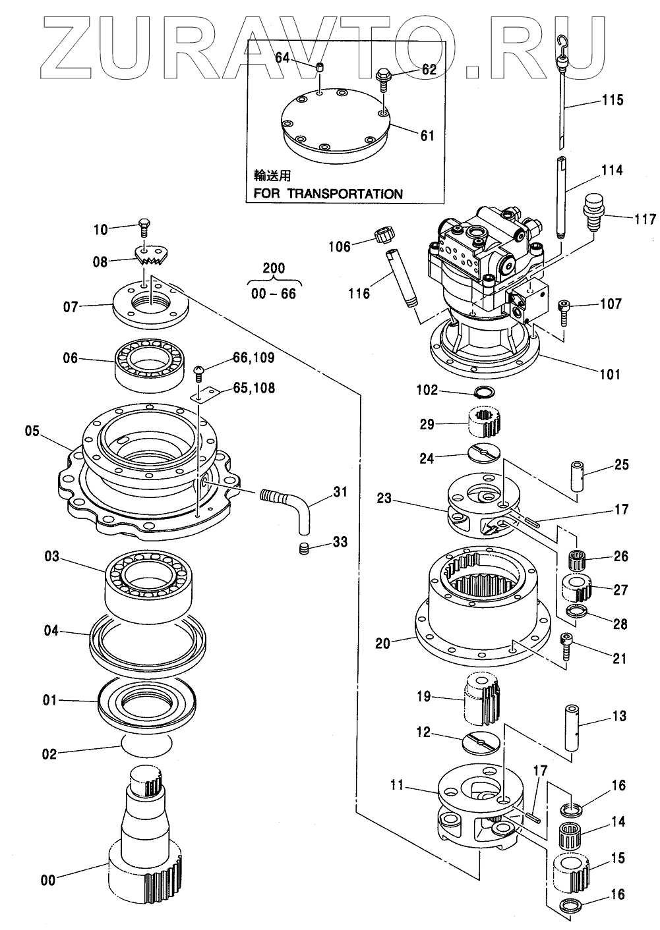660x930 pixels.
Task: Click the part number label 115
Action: [x=612, y=101]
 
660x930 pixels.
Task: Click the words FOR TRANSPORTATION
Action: [x=328, y=194]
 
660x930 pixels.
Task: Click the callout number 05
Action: [x=32, y=432]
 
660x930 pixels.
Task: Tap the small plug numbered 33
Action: [x=303, y=549]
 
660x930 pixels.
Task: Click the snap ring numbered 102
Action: [x=486, y=394]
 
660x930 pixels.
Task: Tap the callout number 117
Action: [x=640, y=218]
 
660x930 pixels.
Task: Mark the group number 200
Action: [x=274, y=268]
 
